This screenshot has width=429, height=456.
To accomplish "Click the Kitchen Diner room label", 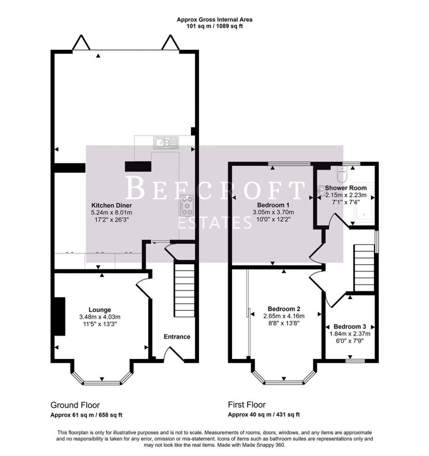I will [x=111, y=206].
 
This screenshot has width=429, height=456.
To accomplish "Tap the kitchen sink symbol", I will [x=166, y=143].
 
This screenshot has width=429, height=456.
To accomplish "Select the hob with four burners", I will [x=187, y=205].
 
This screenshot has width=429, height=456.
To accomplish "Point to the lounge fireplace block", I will [x=59, y=316].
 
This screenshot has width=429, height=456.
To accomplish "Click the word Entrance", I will [x=177, y=337].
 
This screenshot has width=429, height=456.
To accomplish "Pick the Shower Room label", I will [x=346, y=188].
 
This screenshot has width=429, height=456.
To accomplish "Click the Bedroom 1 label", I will [x=273, y=205].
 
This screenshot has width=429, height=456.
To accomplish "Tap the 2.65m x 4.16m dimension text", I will [x=284, y=316].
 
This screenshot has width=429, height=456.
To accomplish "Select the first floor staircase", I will [x=364, y=268].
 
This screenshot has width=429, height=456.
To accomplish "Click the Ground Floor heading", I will [x=75, y=405].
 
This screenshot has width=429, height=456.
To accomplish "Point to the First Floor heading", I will [x=247, y=405].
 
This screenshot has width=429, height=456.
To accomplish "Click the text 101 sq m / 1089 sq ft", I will [x=214, y=26].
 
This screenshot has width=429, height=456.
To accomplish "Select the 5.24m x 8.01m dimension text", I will [x=111, y=213].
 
